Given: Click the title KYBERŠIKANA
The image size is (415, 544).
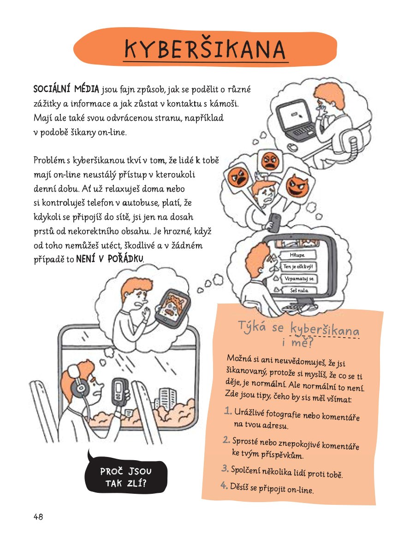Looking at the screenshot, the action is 205,49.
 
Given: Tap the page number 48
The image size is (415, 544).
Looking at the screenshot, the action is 38,516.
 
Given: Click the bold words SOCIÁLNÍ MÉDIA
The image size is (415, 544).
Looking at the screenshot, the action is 66,89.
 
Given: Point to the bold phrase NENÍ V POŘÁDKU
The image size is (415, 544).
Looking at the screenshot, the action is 109,259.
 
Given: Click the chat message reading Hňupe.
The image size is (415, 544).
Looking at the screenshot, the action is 297,255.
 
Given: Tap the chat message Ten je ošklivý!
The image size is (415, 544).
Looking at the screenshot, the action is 298,266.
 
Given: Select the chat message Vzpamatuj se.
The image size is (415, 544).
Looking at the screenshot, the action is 299,278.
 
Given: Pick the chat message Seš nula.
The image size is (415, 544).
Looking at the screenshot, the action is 299,290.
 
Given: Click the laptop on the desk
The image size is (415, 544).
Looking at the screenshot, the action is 297,120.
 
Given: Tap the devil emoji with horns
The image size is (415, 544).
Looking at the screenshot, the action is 297,186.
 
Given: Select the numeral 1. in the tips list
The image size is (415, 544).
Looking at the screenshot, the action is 228,411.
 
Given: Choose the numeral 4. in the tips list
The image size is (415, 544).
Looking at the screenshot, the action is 224,485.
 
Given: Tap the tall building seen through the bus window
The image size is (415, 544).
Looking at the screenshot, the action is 168,398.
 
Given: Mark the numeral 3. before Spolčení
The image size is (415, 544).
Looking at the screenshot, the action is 225,469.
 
